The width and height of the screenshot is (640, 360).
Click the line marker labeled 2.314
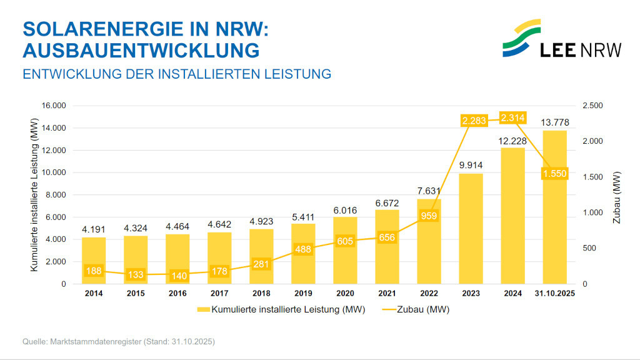(x=512, y=117)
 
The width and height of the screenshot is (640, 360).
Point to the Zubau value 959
(x=429, y=216)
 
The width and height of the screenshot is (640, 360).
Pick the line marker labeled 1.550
(x=554, y=173)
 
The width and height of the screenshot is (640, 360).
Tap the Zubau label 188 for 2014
(x=94, y=271)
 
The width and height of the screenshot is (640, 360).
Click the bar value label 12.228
(x=512, y=141)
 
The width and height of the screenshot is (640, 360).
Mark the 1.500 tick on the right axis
(x=593, y=177)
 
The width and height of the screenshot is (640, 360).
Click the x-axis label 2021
(x=387, y=293)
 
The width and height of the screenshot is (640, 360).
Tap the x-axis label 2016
(x=177, y=293)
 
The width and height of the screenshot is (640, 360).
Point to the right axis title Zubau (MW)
(x=616, y=198)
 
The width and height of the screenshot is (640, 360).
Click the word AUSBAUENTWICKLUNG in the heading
(x=141, y=49)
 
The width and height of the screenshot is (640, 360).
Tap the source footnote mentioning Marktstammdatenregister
(x=119, y=342)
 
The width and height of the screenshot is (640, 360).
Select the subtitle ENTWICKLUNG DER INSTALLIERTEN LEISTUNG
(x=176, y=74)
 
